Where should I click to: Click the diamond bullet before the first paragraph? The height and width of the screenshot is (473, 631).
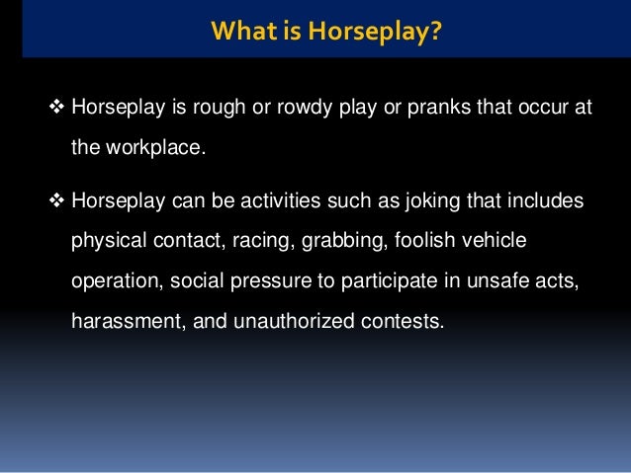55,107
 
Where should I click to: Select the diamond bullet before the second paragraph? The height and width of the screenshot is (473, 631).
55,201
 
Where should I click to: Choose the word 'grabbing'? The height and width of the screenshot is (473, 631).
333,242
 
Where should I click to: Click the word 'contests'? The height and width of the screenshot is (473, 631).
396,321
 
